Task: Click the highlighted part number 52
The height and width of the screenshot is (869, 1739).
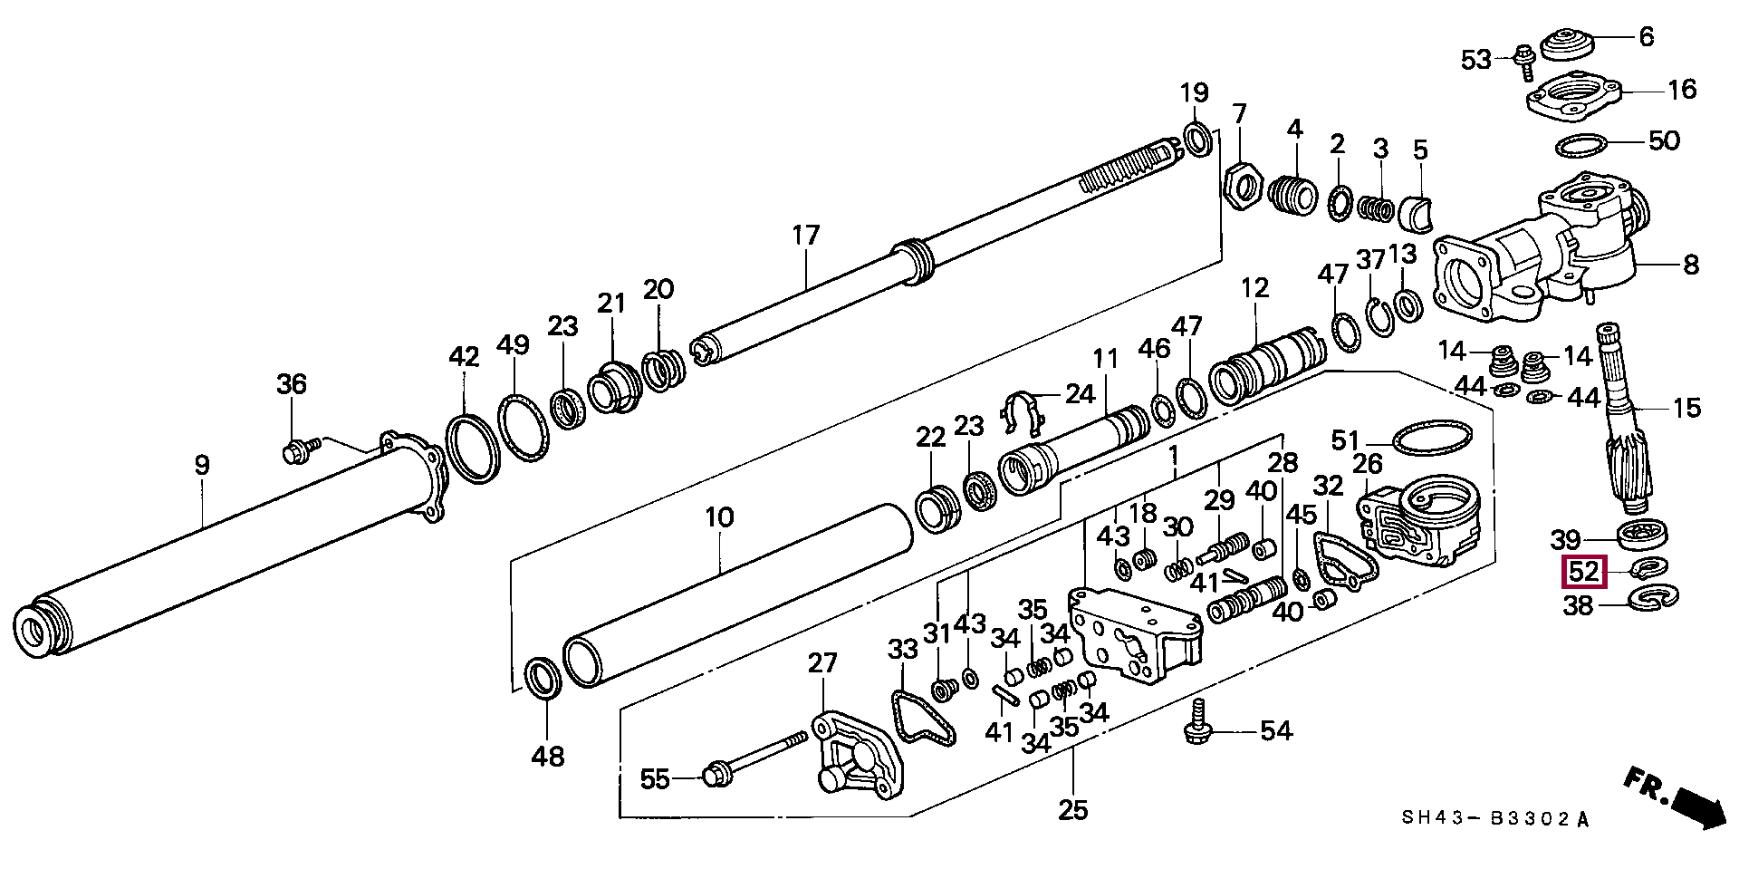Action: (1583, 573)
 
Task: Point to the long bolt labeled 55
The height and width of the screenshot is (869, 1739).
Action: (754, 758)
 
